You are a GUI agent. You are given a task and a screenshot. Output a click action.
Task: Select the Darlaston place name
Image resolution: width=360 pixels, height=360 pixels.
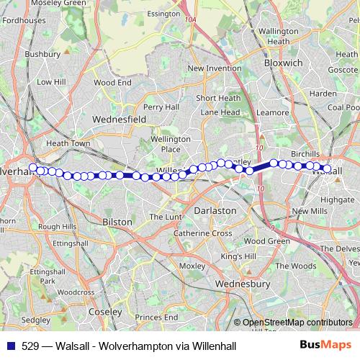215,210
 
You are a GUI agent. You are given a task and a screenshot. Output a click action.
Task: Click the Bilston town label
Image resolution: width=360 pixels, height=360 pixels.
117,222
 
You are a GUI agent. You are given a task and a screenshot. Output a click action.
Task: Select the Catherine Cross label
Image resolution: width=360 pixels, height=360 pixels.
202,233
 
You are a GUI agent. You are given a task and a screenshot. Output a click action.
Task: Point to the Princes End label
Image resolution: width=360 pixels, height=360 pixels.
156,317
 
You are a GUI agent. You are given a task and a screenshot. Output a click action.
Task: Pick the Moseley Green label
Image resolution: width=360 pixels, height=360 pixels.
48,4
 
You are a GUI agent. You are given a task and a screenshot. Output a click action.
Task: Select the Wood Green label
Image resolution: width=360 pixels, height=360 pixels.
266,241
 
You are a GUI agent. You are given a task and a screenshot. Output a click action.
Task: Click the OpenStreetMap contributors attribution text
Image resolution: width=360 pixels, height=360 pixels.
297,323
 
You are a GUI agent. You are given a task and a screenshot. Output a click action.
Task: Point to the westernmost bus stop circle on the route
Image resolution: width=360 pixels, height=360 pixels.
33,168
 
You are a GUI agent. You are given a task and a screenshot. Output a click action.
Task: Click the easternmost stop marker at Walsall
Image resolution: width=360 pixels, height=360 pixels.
327,170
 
